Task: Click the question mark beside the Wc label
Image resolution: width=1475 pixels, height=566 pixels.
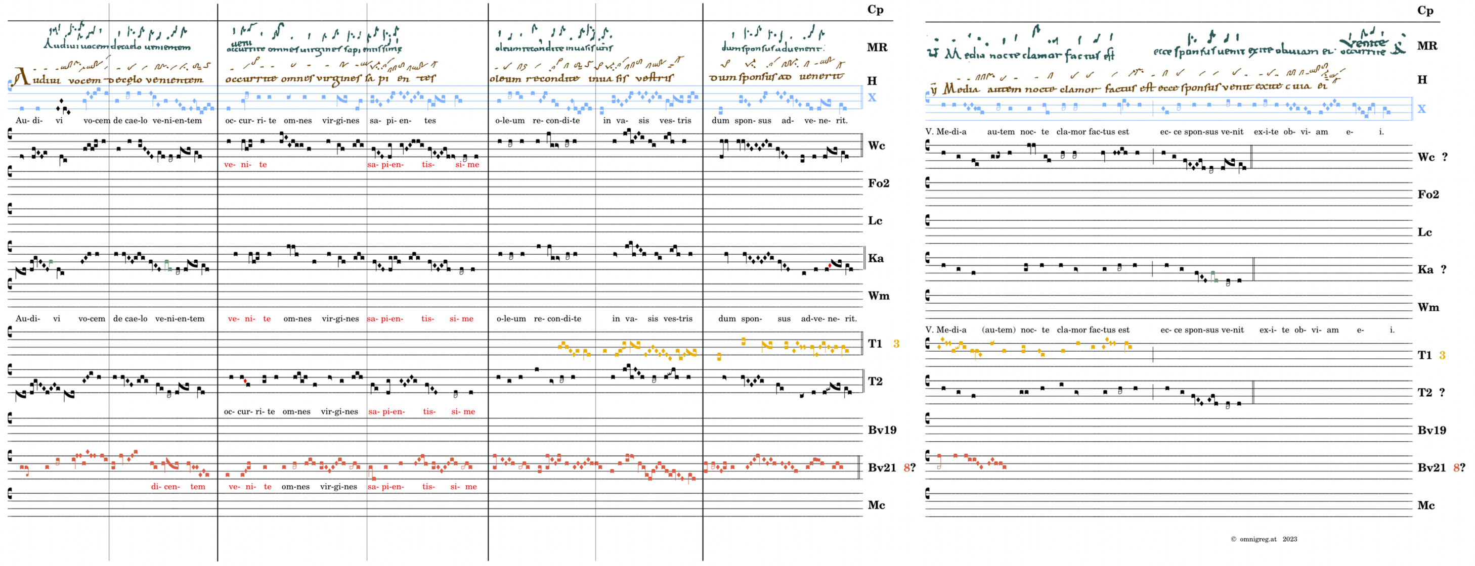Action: (1445, 157)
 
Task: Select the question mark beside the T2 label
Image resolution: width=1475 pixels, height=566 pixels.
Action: (1442, 392)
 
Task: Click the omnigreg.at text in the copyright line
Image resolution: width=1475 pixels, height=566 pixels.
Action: (1258, 539)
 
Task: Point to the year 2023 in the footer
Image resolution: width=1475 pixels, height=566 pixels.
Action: (1290, 539)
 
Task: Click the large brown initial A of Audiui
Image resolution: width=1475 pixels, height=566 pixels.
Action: (21, 76)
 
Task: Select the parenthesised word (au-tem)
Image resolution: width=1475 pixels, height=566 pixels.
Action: (999, 329)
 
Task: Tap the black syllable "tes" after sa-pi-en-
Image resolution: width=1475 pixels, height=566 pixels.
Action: (430, 121)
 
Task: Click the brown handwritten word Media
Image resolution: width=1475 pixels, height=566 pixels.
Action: (961, 89)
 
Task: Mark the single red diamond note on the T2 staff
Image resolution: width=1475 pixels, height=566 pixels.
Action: (245, 381)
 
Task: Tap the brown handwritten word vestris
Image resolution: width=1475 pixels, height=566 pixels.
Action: (655, 78)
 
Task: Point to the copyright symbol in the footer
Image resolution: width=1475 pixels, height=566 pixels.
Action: (1233, 539)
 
